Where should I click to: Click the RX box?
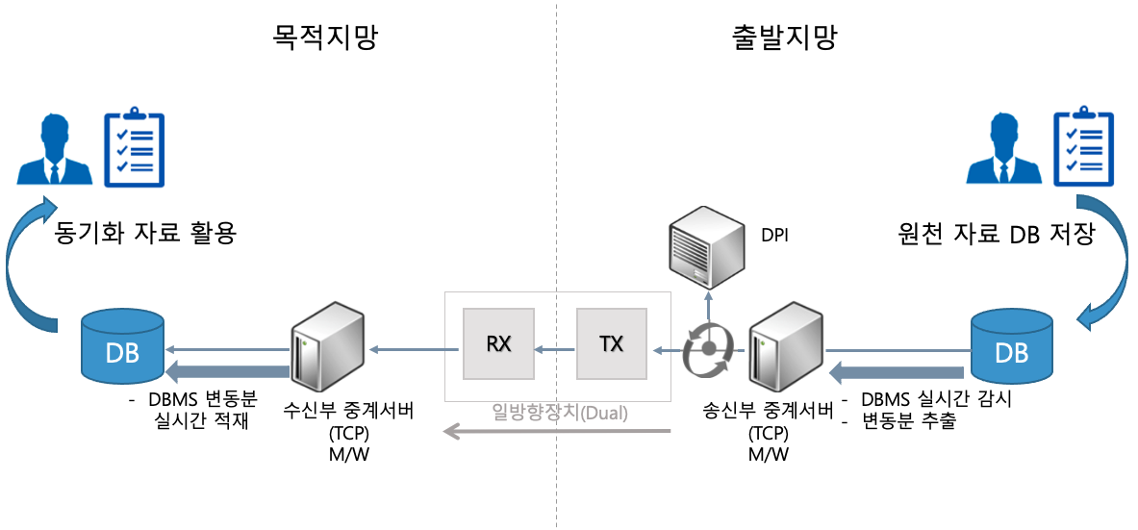point(498,343)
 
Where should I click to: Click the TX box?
point(612,343)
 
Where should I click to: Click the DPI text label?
point(774,235)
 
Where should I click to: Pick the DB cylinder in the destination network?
point(123,344)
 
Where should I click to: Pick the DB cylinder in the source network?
point(1012,344)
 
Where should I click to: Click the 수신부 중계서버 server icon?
point(326,346)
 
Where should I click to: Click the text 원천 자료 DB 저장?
point(995,234)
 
